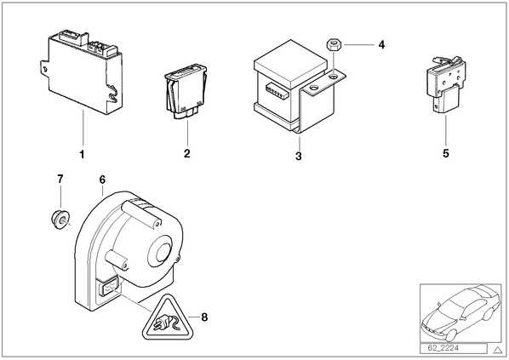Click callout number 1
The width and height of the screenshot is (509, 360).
click(82, 155)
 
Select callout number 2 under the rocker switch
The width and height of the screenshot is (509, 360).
click(187, 153)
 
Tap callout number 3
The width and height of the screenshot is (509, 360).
click(299, 156)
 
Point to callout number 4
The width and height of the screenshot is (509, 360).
click(381, 44)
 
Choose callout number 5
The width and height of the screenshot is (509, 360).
click(446, 153)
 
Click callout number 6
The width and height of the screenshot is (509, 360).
click(102, 180)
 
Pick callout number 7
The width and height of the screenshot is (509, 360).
click(60, 179)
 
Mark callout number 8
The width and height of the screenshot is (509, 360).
click(204, 317)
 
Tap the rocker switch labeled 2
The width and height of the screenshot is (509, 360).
click(186, 92)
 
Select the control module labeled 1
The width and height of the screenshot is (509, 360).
click(81, 72)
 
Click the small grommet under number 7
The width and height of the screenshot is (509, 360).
click(60, 219)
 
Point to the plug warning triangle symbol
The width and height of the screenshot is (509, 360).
click(168, 317)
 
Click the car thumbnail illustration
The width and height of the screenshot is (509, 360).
click(460, 313)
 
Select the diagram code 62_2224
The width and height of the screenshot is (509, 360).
click(443, 348)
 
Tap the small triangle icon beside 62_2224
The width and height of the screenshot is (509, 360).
click(497, 350)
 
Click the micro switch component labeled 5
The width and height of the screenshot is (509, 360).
click(446, 85)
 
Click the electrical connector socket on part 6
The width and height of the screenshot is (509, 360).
click(108, 288)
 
